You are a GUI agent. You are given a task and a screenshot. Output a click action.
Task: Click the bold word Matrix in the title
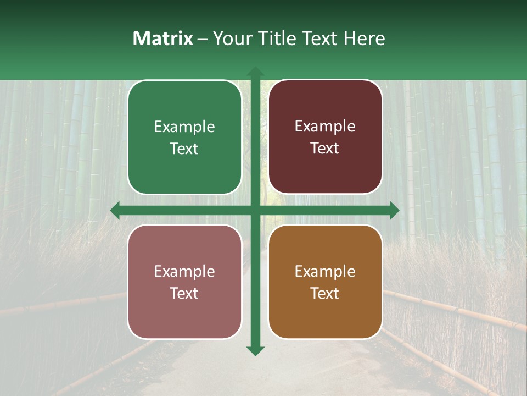163,38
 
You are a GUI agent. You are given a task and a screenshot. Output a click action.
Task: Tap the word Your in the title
229,38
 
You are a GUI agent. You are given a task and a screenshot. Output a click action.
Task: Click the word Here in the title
365,38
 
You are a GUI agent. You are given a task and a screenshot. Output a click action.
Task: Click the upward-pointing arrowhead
255,71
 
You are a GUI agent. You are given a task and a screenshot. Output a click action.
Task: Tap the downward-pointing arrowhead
255,350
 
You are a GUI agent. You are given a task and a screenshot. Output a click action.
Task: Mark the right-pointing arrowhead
394,211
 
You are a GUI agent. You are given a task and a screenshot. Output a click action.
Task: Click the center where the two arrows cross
255,211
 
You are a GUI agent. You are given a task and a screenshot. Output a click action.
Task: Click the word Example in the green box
184,127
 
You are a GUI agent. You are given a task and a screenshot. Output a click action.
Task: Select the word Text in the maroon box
325,148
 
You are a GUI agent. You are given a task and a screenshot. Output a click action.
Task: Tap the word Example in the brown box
325,272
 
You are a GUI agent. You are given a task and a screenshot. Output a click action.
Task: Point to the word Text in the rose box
184,294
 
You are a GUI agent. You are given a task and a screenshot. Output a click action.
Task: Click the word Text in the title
319,38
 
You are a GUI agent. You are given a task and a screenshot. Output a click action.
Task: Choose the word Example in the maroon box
325,127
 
